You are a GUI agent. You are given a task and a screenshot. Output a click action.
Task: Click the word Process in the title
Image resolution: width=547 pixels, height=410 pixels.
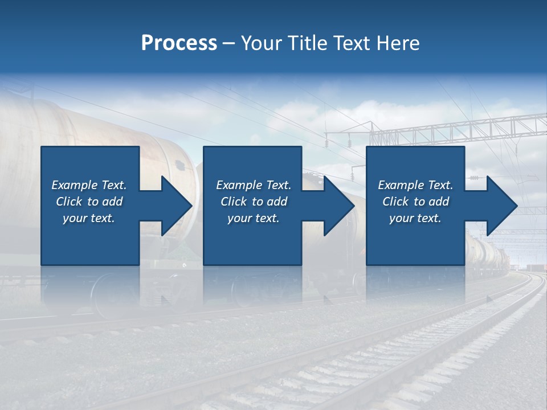(x=179, y=43)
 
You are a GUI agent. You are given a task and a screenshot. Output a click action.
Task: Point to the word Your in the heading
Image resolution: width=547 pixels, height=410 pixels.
(x=263, y=43)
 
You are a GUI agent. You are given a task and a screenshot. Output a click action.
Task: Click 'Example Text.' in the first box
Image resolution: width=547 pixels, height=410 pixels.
(x=89, y=185)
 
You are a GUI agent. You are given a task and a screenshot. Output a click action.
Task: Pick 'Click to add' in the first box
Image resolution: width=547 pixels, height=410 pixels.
(x=89, y=202)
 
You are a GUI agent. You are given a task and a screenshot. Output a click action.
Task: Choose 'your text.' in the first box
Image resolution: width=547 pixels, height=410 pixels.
(x=89, y=218)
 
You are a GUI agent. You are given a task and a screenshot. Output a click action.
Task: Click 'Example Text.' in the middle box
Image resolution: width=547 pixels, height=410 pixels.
(x=254, y=185)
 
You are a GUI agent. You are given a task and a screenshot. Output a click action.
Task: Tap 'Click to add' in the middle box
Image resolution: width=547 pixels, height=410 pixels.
(x=254, y=202)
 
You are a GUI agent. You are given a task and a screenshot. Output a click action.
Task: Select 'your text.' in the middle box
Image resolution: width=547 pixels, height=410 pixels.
(x=254, y=218)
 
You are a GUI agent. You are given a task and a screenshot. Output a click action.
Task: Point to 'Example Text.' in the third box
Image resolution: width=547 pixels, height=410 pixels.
(x=415, y=185)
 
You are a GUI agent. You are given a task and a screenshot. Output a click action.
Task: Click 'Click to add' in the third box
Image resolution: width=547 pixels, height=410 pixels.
(x=415, y=202)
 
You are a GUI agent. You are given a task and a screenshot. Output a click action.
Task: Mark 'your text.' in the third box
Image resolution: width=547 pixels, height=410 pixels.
(x=415, y=218)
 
